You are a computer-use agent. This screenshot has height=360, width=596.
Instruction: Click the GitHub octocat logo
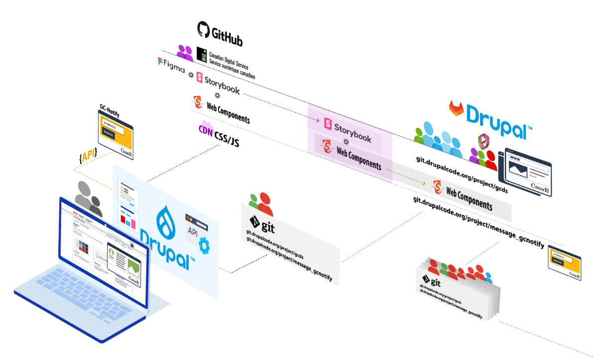[x=203, y=29]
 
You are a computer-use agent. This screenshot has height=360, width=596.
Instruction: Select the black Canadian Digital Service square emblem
[x=201, y=55]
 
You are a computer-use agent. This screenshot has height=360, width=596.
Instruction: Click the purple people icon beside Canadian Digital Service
[x=185, y=52]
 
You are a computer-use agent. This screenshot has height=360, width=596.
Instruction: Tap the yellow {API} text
[x=88, y=155]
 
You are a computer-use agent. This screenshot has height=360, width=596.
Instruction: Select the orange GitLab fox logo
[x=457, y=108]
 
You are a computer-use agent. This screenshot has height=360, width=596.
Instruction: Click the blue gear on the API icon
[x=203, y=246]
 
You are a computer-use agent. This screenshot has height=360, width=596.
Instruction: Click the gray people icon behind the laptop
[x=89, y=196]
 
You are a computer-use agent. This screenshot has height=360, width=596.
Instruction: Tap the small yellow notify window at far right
[x=564, y=262]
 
